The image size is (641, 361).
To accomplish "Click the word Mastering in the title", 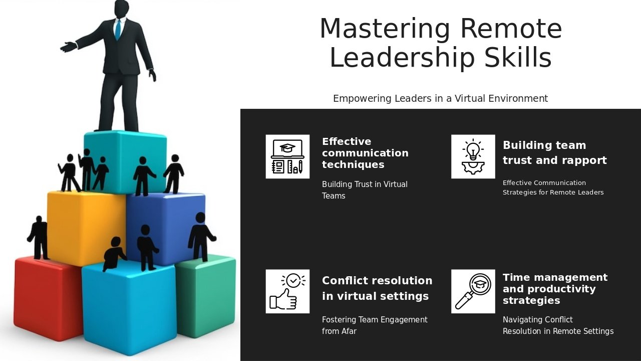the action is [385, 29].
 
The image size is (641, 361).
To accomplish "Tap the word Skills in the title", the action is [518, 57].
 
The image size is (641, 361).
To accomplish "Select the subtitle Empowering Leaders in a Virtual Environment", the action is [440, 98].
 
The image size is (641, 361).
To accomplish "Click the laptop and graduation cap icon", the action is [287, 156].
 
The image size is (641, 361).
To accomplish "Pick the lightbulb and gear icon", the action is [473, 156].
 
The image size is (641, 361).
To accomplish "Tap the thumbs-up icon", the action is [287, 291].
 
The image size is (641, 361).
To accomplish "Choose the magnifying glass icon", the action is [473, 291].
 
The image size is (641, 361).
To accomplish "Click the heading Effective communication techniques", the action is [365, 153].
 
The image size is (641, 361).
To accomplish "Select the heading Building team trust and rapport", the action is [554, 153].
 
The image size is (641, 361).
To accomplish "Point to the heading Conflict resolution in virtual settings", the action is [377, 288].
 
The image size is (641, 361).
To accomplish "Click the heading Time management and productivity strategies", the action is [555, 289].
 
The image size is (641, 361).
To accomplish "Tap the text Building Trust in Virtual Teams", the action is [365, 190].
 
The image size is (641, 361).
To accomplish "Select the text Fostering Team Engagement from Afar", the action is [375, 325].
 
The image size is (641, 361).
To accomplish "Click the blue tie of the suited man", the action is [118, 29].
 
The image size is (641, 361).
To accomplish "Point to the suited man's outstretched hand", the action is [68, 47].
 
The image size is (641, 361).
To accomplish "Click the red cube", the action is [47, 298].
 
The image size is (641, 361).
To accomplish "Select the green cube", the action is [206, 295].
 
